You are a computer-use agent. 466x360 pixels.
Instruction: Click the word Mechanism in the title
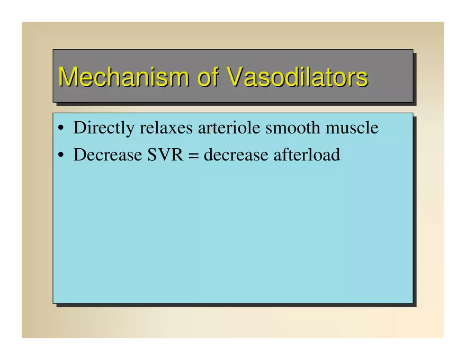[123, 77]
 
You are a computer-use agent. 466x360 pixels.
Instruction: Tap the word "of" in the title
[208, 76]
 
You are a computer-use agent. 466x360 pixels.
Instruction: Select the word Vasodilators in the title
[298, 76]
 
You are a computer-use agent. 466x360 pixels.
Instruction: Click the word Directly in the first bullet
[104, 128]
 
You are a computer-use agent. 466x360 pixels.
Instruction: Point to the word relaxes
[166, 128]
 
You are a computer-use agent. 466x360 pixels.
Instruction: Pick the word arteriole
[229, 128]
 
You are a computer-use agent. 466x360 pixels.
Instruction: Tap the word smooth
[293, 128]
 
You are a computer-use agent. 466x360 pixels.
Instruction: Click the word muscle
[352, 128]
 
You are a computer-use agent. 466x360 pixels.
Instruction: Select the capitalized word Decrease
[107, 155]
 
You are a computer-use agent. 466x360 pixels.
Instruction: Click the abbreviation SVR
[165, 155]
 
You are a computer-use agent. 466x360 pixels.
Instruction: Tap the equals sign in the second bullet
[193, 155]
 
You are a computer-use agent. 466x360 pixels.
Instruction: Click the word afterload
[307, 155]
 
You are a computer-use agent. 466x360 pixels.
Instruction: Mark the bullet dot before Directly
[61, 128]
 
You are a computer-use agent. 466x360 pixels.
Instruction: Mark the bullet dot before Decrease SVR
[61, 155]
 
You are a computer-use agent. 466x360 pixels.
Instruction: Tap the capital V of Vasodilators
[236, 76]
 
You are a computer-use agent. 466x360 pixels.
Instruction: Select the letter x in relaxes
[173, 130]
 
